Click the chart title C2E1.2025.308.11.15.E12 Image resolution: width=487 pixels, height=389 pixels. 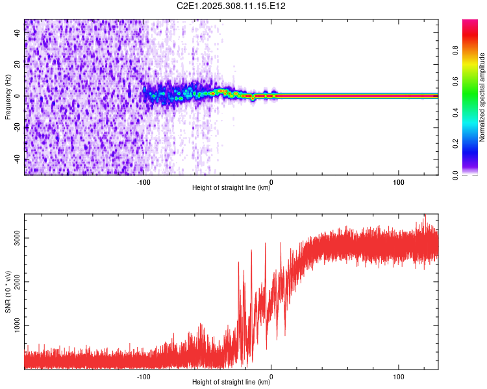click(232, 6)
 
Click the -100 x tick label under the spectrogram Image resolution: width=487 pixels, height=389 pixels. click(144, 182)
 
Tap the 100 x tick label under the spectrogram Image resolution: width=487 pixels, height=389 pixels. click(398, 182)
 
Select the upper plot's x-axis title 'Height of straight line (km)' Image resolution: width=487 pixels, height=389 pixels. click(232, 188)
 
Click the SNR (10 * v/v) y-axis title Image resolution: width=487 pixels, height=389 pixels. click(8, 295)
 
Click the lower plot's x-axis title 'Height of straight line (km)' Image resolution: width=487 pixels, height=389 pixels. click(232, 383)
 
